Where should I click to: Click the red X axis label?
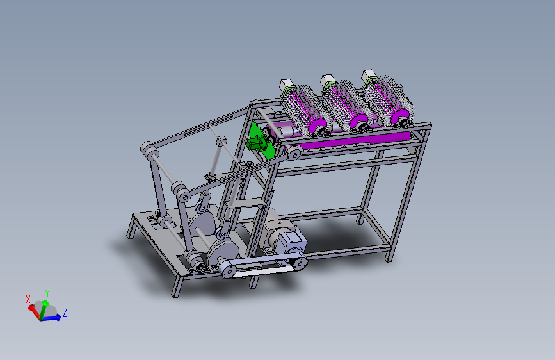coord(28,299)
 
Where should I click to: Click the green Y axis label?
coord(47,293)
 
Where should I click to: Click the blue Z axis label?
coord(65,313)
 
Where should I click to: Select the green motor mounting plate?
coord(261,140)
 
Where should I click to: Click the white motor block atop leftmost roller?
coord(287,85)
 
